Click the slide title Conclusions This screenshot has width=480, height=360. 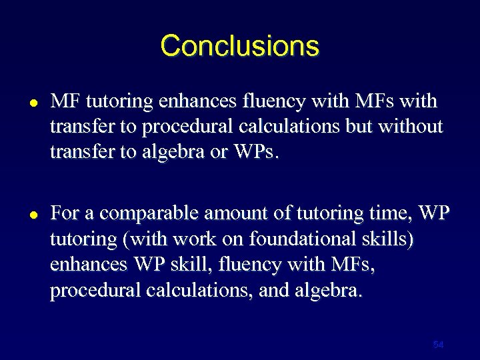240,46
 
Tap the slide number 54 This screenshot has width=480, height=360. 438,345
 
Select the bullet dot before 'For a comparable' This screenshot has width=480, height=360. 33,215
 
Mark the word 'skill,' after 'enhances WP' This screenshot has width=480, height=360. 197,264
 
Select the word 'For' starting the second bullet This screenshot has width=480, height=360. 65,213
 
